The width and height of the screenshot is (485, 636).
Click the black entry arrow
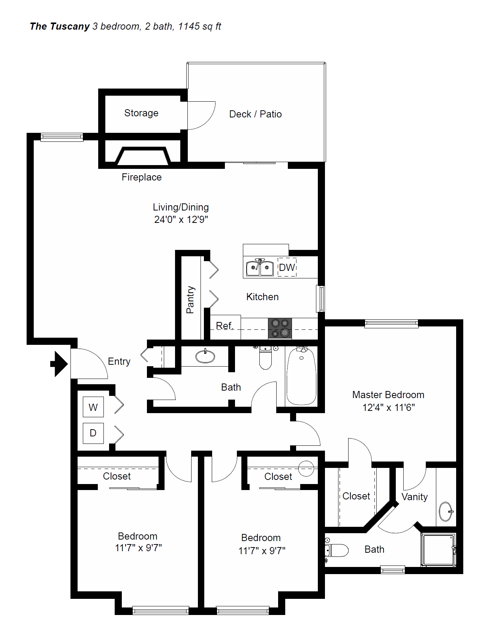(59, 364)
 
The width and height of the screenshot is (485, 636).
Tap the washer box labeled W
(93, 407)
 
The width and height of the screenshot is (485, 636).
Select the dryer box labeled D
(93, 433)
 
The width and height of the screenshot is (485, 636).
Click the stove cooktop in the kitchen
(280, 328)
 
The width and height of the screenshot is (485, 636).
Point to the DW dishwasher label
(287, 268)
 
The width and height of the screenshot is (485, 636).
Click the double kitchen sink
(260, 268)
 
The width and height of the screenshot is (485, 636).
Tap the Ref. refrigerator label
(225, 326)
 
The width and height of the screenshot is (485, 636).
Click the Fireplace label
(142, 177)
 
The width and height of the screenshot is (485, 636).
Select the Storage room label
(141, 113)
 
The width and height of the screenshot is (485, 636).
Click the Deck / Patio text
(255, 114)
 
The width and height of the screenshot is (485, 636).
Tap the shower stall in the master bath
(438, 550)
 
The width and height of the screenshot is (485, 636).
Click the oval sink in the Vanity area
(446, 511)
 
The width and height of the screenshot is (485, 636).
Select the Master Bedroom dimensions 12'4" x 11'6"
(388, 407)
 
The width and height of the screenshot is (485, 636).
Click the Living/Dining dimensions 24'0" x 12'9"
(181, 220)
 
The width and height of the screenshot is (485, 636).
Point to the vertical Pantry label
(190, 299)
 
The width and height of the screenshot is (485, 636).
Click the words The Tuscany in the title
(60, 26)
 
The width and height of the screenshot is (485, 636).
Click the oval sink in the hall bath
(205, 356)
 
